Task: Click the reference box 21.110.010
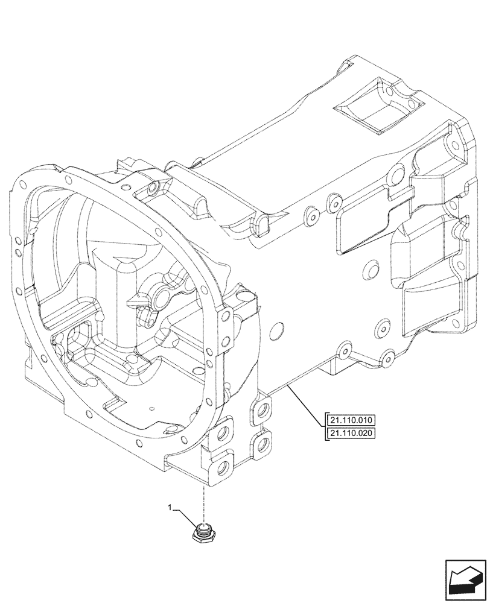click(351, 420)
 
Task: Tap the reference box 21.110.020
click(351, 433)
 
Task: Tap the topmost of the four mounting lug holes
click(262, 410)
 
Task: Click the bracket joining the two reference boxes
click(326, 426)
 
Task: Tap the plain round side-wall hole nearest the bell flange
click(277, 331)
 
